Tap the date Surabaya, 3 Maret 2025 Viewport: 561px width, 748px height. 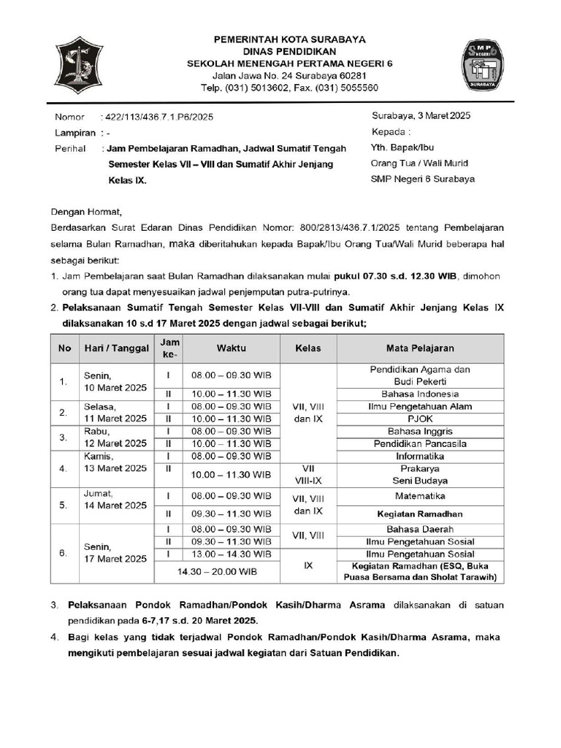coord(421,116)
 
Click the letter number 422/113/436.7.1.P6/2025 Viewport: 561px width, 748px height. coord(158,117)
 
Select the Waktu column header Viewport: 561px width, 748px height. coord(231,348)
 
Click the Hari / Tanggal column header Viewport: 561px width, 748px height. coord(117,348)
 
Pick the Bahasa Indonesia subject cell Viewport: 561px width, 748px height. coord(420,394)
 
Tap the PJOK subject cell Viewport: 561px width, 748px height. coord(420,419)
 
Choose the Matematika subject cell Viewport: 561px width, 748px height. coord(420,495)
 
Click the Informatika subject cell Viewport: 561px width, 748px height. coord(420,457)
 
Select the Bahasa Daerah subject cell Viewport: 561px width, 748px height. coord(420,529)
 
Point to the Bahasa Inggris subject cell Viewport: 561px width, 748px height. coord(420,431)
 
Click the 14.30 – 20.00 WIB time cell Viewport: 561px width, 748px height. coord(218,571)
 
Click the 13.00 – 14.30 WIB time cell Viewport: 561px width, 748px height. coord(231,554)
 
